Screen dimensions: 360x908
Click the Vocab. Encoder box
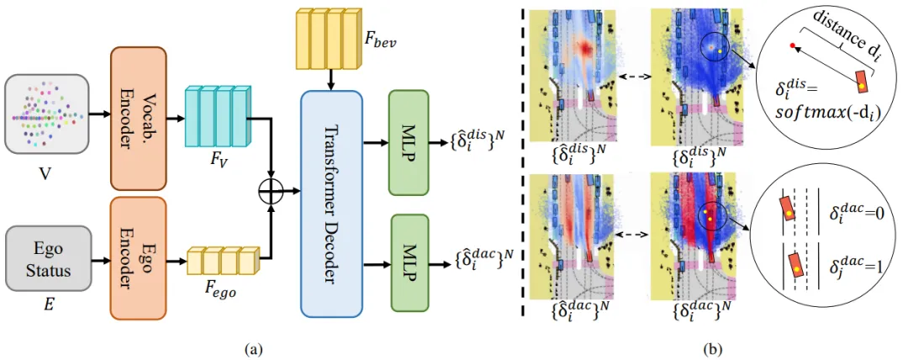139,119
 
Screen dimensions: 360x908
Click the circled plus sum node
271,193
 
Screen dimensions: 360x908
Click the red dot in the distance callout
792,45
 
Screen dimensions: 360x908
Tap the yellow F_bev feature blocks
331,39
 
